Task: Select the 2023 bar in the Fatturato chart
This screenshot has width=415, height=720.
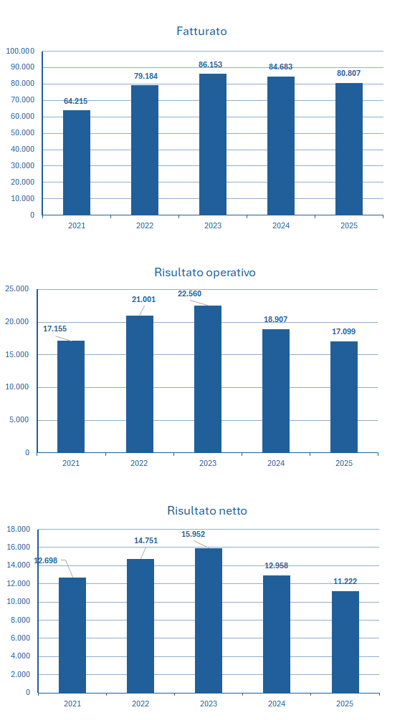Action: [x=212, y=144]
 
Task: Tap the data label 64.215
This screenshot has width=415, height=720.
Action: [x=75, y=102]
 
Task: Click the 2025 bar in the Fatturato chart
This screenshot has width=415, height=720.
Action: [x=349, y=149]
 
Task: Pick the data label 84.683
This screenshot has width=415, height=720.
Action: [x=280, y=67]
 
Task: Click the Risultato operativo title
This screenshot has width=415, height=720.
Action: [x=204, y=273]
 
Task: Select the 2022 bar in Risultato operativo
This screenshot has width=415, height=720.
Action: [x=139, y=384]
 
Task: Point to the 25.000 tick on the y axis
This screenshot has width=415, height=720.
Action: [x=17, y=289]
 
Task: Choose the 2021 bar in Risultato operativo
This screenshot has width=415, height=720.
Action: [x=71, y=397]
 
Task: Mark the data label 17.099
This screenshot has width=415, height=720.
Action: [x=343, y=332]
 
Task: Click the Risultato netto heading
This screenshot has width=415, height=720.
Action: [x=206, y=511]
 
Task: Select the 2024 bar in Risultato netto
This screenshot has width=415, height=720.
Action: [x=276, y=633]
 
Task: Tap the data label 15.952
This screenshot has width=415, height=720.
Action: [x=194, y=535]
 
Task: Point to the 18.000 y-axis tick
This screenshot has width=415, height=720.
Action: [x=19, y=530]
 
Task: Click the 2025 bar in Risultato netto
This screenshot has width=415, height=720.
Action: [x=345, y=641]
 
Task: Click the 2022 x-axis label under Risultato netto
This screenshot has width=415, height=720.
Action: [x=140, y=704]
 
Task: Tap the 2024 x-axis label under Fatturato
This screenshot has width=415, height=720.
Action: [x=280, y=225]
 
